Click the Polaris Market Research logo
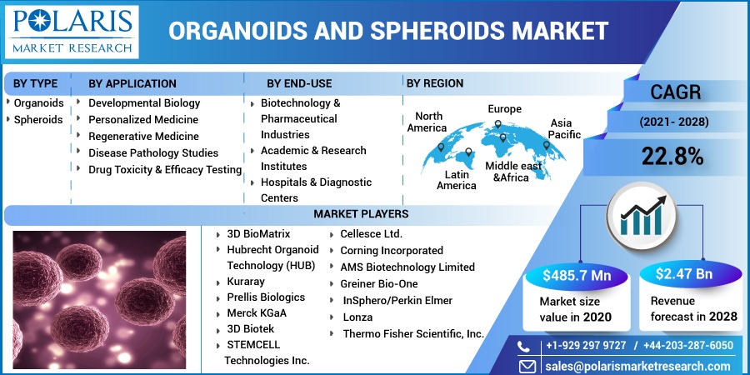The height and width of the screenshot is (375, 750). click(72, 32)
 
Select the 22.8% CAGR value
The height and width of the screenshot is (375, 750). click(672, 157)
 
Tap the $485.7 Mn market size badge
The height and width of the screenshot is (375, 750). click(577, 275)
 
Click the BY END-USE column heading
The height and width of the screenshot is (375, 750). click(299, 83)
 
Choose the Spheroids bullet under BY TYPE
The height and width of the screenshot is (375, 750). click(37, 119)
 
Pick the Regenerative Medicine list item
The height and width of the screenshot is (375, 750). click(143, 137)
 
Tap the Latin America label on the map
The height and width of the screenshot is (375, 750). click(457, 179)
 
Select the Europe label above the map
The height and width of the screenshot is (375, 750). click(505, 109)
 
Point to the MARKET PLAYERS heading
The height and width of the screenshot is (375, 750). click(361, 214)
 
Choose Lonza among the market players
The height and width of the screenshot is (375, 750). click(357, 317)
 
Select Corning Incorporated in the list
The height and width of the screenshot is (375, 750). click(392, 251)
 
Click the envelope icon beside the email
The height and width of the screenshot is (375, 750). click(527, 366)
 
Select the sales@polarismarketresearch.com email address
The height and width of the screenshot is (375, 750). click(639, 366)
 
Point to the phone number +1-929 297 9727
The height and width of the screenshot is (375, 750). click(586, 345)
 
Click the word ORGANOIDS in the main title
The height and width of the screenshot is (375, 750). click(237, 32)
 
